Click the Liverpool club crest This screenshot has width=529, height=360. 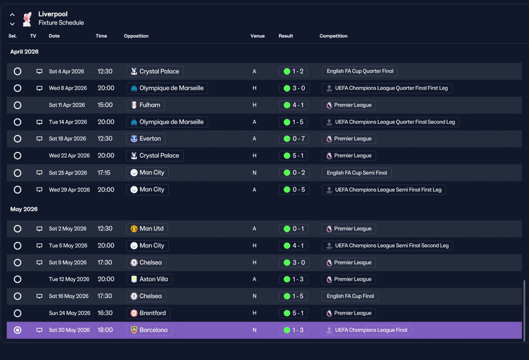[x=27, y=19]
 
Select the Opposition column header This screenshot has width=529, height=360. [x=136, y=36]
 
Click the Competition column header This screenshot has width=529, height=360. [x=334, y=36]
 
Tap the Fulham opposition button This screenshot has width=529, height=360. [x=145, y=105]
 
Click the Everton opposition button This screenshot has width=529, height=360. [x=145, y=138]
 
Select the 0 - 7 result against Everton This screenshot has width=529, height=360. [x=294, y=138]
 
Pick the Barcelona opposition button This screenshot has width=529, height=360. [x=149, y=330]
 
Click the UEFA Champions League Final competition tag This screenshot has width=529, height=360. [x=367, y=330]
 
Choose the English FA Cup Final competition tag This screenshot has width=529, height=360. [x=350, y=296]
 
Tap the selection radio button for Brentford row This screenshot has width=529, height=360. [x=17, y=313]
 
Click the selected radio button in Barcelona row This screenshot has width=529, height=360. [x=17, y=330]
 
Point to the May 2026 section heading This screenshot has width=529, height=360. [x=24, y=209]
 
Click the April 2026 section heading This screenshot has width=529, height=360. [x=24, y=52]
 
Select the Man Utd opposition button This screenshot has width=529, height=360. [x=147, y=229]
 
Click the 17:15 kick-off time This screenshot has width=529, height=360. [x=104, y=173]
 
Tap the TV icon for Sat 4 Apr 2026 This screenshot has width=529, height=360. [x=39, y=71]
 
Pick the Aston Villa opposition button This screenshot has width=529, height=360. [x=149, y=279]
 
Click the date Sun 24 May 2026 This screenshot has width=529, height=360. [x=69, y=313]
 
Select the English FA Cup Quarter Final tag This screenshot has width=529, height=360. [x=360, y=71]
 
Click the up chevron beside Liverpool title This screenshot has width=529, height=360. [x=12, y=14]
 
